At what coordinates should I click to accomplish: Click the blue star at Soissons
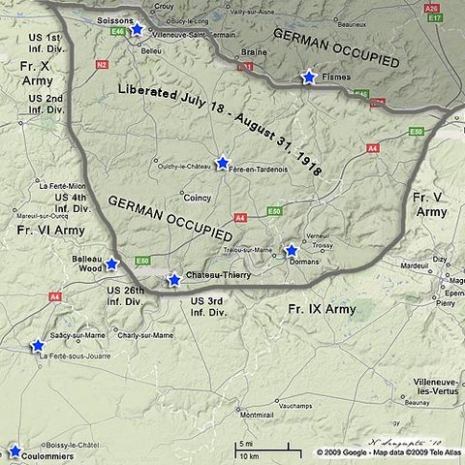[x=137, y=30]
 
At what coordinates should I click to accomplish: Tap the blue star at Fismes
[x=309, y=77]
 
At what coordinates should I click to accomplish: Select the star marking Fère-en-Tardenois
[x=222, y=163]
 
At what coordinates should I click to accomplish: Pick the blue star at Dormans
[x=291, y=250]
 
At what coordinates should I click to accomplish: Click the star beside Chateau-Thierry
[x=174, y=279]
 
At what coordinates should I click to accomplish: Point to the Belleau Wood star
[x=111, y=263]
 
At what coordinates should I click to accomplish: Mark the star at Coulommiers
[x=15, y=450]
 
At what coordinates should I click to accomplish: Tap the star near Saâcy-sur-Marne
[x=38, y=345]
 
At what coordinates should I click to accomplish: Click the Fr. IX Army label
[x=322, y=309]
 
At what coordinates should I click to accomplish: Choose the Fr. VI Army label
[x=51, y=230]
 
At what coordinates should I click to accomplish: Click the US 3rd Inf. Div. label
[x=208, y=307]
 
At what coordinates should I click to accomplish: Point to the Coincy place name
[x=197, y=199]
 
